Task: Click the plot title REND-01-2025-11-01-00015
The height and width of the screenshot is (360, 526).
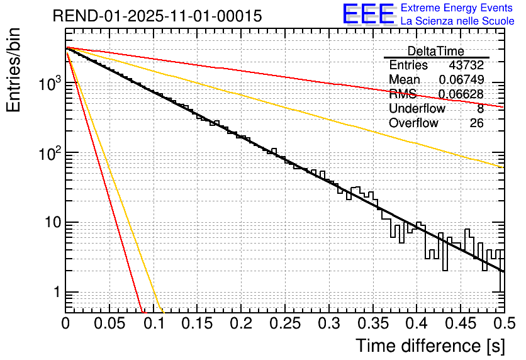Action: (x=157, y=16)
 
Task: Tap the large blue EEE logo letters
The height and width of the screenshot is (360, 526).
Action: (x=368, y=14)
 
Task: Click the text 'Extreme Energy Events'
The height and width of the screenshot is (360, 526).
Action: (x=457, y=8)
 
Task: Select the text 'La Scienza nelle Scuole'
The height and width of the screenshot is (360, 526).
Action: (x=457, y=21)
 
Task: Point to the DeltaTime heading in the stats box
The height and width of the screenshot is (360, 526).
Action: (x=435, y=51)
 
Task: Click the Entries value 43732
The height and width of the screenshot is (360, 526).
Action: (x=466, y=65)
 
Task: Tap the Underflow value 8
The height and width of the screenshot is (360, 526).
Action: (x=480, y=109)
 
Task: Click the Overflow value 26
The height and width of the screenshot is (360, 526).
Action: (x=476, y=123)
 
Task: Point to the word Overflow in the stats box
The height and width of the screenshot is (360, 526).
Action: (x=413, y=123)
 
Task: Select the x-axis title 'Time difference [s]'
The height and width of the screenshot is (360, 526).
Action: (x=430, y=346)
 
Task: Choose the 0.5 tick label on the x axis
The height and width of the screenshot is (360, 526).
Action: (x=501, y=325)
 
